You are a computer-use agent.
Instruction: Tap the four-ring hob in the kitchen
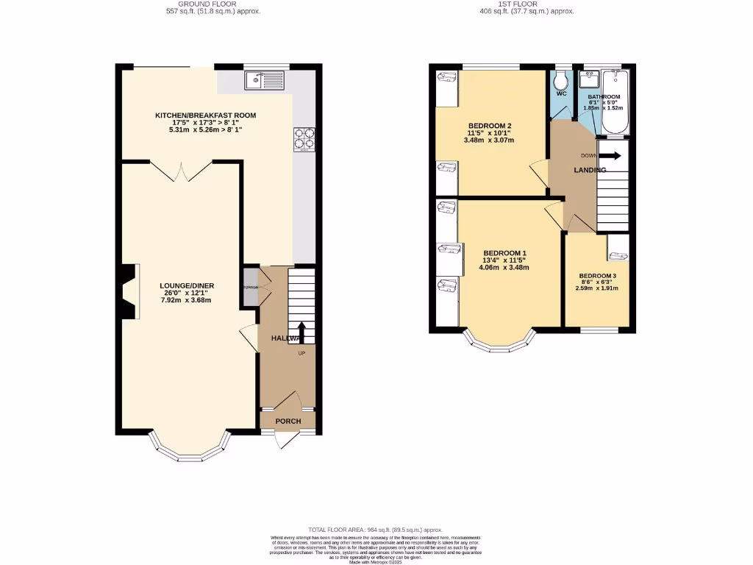pyautogui.click(x=304, y=138)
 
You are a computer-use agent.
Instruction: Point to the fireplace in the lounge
pyautogui.click(x=129, y=292)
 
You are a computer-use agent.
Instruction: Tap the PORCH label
pyautogui.click(x=288, y=421)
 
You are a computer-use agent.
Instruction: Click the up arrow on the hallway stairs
pyautogui.click(x=301, y=330)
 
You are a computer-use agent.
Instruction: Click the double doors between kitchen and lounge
pyautogui.click(x=183, y=172)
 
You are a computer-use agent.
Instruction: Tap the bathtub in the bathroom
pyautogui.click(x=613, y=103)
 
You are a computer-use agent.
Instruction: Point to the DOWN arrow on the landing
pyautogui.click(x=613, y=155)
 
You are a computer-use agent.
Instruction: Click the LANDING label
pyautogui.click(x=590, y=170)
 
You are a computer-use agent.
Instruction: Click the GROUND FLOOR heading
pyautogui.click(x=213, y=4)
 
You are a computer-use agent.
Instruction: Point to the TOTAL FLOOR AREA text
pyautogui.click(x=376, y=529)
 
